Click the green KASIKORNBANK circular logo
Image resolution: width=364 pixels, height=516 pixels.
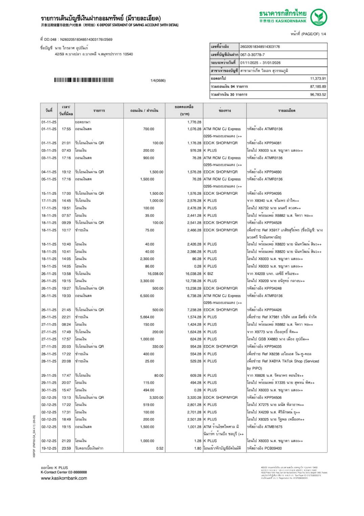pos(319,17)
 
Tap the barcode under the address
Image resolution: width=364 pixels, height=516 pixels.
pos(84,80)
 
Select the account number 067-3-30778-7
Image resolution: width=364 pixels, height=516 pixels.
pos(253,55)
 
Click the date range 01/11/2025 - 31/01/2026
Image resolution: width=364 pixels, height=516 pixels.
pos(260,63)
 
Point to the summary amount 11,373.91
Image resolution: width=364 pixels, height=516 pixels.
pos(318,78)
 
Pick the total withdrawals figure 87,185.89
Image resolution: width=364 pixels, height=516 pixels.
pos(318,86)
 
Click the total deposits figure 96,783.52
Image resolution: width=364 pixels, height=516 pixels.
pos(318,95)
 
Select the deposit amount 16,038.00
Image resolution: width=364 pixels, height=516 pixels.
pos(155,274)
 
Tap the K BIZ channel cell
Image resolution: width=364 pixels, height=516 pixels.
pos(208,274)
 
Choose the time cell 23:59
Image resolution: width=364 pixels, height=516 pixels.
pos(66,448)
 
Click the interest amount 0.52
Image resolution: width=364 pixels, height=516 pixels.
pos(160,448)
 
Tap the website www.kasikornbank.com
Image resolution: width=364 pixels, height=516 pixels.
pos(64,478)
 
